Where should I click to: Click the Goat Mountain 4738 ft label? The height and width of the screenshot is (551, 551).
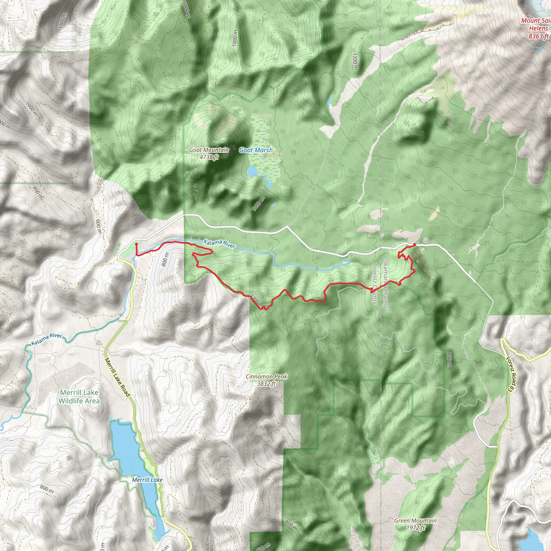click(x=209, y=153)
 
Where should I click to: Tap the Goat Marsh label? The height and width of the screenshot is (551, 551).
click(x=256, y=150)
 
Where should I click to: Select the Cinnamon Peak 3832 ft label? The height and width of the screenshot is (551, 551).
click(x=266, y=380)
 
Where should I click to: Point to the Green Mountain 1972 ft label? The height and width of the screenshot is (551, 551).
click(x=415, y=524)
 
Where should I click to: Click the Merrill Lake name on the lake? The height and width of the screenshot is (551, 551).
click(x=147, y=480)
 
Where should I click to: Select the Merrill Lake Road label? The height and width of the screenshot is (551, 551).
click(x=117, y=377)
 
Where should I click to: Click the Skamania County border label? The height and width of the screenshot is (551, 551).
click(x=386, y=284)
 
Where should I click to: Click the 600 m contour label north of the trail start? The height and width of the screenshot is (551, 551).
click(x=98, y=227)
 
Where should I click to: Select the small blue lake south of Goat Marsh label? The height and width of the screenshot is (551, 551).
click(x=252, y=171)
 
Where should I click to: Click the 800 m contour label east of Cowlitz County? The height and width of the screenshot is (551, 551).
click(x=449, y=359)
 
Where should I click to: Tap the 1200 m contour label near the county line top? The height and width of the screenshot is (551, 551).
click(x=355, y=61)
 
